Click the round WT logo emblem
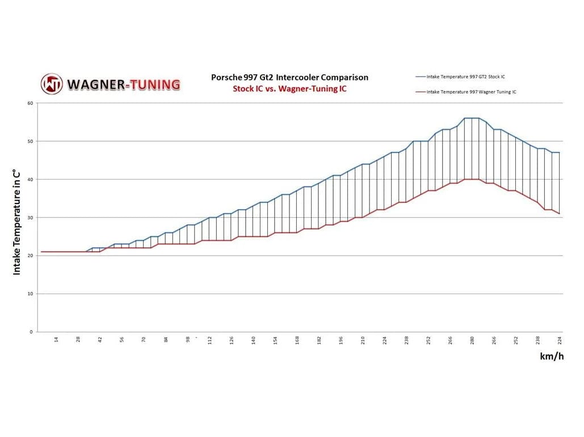(52, 84)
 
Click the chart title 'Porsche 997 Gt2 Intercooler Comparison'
(289, 77)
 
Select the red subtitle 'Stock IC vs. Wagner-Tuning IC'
(289, 89)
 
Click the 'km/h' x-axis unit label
(552, 356)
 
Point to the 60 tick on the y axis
(30, 103)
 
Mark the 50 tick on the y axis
(30, 141)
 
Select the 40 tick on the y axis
(30, 179)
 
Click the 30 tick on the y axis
(30, 218)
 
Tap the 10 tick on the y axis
(30, 294)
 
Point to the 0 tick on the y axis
(32, 332)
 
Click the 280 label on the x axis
(472, 340)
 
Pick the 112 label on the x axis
(209, 340)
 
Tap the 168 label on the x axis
(297, 340)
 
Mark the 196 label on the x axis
(341, 340)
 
